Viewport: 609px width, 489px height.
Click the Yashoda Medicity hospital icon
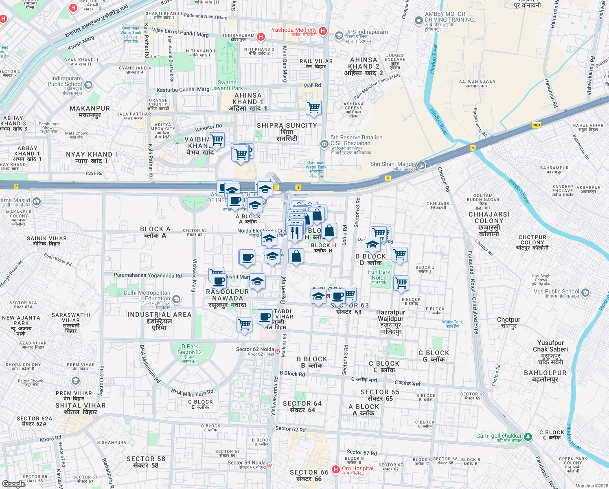323,31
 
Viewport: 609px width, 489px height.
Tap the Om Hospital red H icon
336,470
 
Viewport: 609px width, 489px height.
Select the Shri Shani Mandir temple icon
421,165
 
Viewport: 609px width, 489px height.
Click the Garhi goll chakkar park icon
528,437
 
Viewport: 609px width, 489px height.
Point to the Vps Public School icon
585,293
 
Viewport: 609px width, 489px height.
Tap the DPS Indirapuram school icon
339,36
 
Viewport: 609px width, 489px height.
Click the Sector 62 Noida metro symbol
277,351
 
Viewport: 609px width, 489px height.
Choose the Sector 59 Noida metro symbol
269,465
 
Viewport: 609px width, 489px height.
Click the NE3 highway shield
537,125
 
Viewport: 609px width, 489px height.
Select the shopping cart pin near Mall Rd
313,108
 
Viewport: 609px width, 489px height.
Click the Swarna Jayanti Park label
227,85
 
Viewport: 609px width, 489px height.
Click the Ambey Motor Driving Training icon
418,20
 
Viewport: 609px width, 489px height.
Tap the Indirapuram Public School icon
88,85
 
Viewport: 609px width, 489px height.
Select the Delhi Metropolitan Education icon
176,300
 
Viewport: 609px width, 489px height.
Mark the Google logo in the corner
13,484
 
